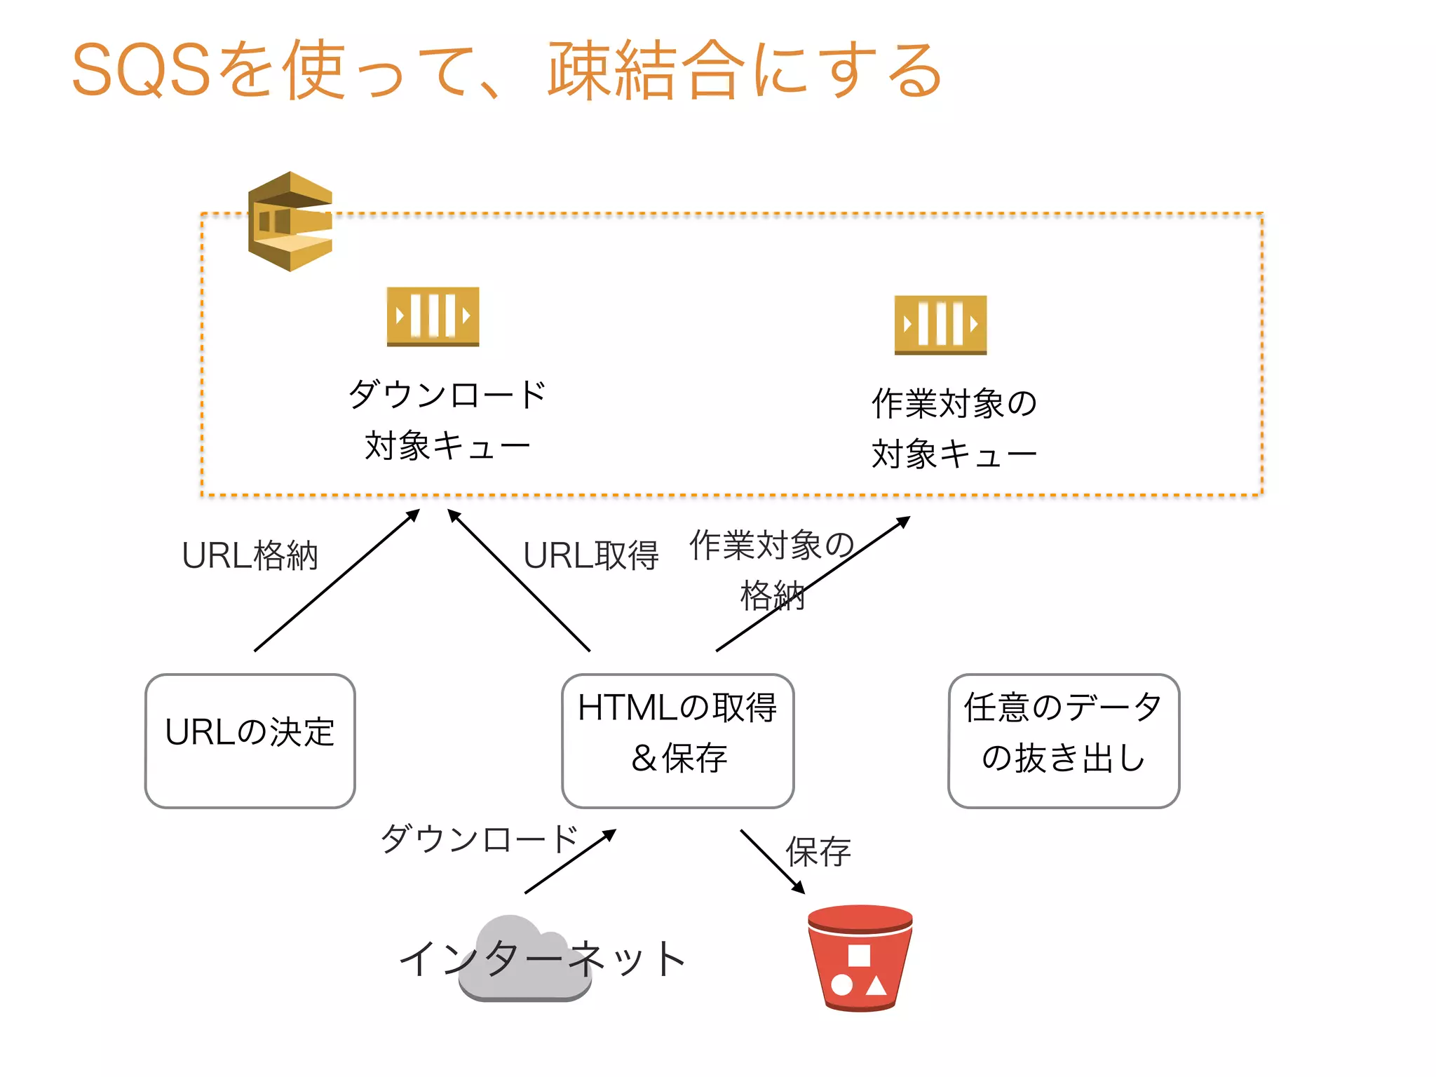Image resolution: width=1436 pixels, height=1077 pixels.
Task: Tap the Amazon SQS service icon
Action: click(290, 221)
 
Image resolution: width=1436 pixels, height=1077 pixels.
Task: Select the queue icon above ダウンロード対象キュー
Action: click(433, 316)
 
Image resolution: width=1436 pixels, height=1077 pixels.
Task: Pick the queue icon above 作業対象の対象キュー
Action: click(940, 325)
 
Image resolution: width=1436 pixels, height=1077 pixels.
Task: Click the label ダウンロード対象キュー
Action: click(447, 420)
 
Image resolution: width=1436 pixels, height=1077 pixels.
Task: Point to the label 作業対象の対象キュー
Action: click(954, 428)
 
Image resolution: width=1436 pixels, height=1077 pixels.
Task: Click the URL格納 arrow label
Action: click(250, 556)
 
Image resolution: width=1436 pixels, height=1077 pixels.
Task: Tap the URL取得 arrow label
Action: click(590, 556)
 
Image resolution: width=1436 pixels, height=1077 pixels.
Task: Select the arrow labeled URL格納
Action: click(337, 581)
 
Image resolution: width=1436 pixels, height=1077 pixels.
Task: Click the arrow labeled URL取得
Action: click(519, 581)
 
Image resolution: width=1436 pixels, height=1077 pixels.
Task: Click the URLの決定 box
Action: click(250, 740)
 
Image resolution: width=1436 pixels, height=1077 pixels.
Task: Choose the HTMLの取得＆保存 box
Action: click(677, 740)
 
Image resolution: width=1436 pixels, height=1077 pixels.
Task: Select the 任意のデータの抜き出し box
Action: click(1063, 740)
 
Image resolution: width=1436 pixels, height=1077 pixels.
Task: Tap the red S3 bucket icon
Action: click(860, 958)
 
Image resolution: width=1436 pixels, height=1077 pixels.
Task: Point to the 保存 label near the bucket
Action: click(818, 852)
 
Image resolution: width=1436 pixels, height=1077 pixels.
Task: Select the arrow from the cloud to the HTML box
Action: click(569, 862)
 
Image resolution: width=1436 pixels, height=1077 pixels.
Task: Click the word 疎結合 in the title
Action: click(645, 70)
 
